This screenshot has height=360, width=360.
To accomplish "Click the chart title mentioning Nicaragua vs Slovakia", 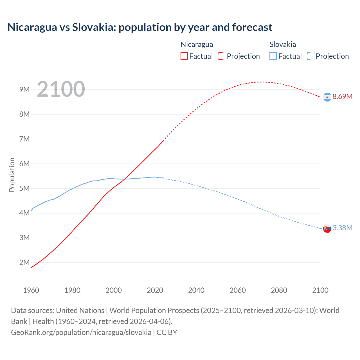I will click(x=140, y=27).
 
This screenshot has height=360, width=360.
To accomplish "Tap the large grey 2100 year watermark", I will click(x=61, y=89).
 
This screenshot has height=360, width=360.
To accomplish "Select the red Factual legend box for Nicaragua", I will click(x=184, y=56).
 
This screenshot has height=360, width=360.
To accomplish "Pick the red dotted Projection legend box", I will click(x=222, y=56).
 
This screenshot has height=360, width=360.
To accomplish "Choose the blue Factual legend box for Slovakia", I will click(x=273, y=56).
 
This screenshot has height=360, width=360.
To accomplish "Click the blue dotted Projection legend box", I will click(x=310, y=56).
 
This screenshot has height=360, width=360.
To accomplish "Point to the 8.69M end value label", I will click(x=342, y=96).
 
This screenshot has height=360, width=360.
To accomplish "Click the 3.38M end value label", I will click(x=342, y=228).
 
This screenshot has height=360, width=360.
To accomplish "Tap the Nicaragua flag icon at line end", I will click(x=327, y=97).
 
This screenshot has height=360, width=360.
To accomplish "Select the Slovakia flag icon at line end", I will click(x=327, y=229).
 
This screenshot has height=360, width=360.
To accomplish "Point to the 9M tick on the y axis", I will click(x=24, y=89).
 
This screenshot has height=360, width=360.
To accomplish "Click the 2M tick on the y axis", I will click(x=24, y=262).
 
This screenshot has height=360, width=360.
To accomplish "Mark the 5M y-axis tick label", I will click(x=24, y=188).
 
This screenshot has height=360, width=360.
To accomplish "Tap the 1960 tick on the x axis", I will click(x=31, y=290).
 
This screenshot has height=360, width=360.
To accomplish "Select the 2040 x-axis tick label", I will click(x=196, y=290).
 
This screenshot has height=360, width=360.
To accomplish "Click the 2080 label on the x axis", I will click(x=279, y=290).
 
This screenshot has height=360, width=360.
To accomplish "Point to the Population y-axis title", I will click(x=12, y=175).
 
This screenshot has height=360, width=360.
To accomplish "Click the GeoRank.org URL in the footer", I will click(x=81, y=332).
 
